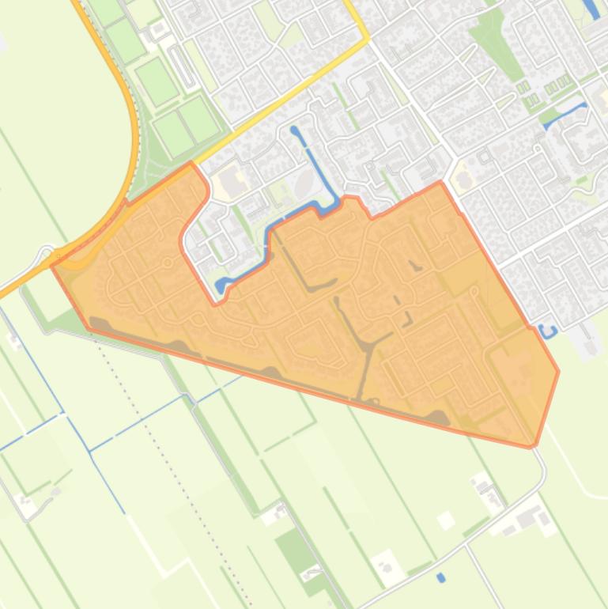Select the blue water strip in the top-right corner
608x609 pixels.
(591, 9)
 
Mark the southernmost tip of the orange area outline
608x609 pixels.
(531, 447)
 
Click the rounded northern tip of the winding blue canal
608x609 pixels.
(295, 130)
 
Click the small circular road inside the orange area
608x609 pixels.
(168, 261)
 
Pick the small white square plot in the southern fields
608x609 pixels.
(446, 520)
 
